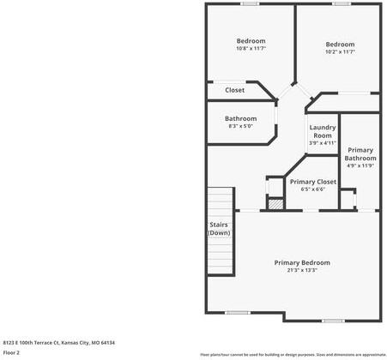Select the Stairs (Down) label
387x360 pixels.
[x=219, y=229]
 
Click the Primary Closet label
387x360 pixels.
[x=312, y=182]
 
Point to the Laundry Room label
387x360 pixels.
[x=323, y=132]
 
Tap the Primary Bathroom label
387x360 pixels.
[x=360, y=154]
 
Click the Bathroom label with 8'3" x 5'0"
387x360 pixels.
[x=240, y=118]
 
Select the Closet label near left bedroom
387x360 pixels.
[x=234, y=90]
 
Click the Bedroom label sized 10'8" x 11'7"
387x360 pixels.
[x=251, y=41]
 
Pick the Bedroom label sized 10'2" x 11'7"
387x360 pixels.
[x=340, y=45]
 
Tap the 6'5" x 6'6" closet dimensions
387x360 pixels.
[x=312, y=189]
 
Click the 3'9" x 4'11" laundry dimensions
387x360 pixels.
[x=323, y=143]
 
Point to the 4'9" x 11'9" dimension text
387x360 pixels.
[x=360, y=165]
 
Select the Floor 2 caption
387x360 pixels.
[x=12, y=352]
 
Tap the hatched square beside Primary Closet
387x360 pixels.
[x=275, y=204]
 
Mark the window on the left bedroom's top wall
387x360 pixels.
[x=249, y=3]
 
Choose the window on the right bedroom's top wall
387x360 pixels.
[x=341, y=3]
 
